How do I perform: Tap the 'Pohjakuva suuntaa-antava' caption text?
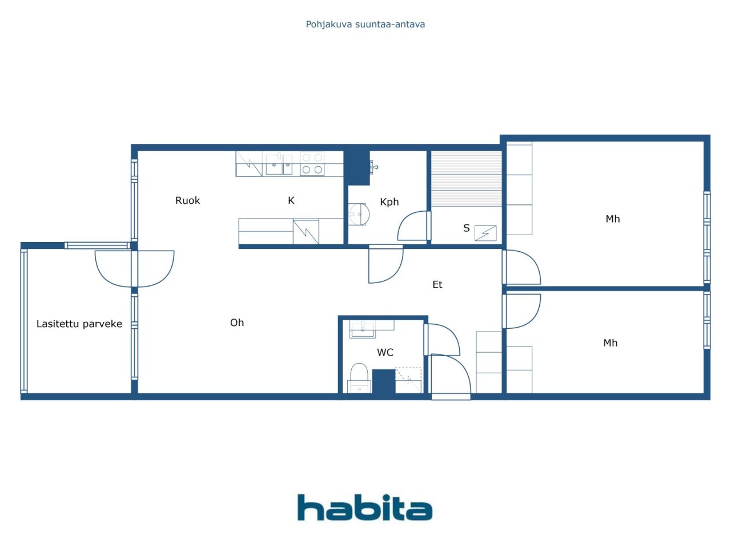pyautogui.click(x=365, y=25)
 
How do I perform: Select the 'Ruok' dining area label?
pyautogui.click(x=187, y=200)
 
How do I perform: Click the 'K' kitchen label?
pyautogui.click(x=291, y=200)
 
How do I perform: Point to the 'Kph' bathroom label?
pyautogui.click(x=389, y=202)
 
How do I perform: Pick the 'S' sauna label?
pyautogui.click(x=466, y=228)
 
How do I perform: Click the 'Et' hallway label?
pyautogui.click(x=437, y=284)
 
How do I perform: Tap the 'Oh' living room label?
pyautogui.click(x=237, y=323)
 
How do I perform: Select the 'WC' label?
pyautogui.click(x=385, y=352)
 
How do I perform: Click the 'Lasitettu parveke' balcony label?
pyautogui.click(x=79, y=324)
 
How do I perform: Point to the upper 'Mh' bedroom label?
pyautogui.click(x=612, y=219)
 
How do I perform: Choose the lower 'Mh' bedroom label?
pyautogui.click(x=610, y=342)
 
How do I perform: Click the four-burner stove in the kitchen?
pyautogui.click(x=312, y=163)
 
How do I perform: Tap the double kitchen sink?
pyautogui.click(x=279, y=164)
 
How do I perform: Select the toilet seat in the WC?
pyautogui.click(x=359, y=378)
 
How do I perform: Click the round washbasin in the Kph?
pyautogui.click(x=359, y=214)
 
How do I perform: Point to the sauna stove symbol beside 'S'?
pyautogui.click(x=485, y=233)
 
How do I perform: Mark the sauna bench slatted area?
pyautogui.click(x=466, y=178)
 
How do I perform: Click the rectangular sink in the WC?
pyautogui.click(x=362, y=329)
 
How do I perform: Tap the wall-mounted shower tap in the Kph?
pyautogui.click(x=374, y=167)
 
